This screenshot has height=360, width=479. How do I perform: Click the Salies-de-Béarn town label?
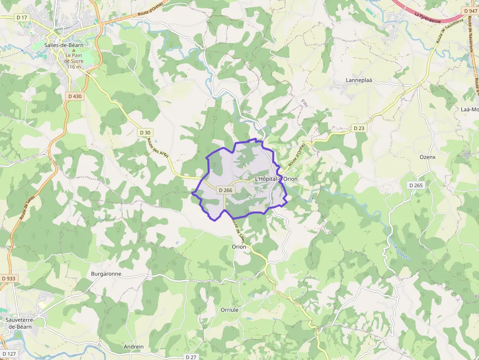(x=64, y=45)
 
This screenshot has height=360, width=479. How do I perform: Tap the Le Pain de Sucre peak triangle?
(x=74, y=50)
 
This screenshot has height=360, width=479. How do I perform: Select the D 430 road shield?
(x=75, y=96)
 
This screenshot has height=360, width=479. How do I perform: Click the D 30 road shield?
(x=145, y=132)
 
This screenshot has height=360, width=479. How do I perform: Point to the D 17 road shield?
(x=22, y=17)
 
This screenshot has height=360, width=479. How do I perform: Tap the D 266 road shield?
(x=225, y=190)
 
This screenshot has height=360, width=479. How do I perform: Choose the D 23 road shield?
(x=358, y=128)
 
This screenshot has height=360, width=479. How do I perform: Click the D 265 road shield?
(x=415, y=185)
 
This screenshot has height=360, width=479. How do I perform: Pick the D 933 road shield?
(x=8, y=278)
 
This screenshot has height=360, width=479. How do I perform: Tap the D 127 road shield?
(x=9, y=354)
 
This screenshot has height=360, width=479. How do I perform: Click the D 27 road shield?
(x=191, y=357)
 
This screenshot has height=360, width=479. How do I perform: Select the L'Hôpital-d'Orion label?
(x=276, y=179)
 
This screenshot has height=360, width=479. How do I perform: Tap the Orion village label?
(x=239, y=247)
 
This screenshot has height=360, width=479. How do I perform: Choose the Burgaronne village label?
(x=106, y=274)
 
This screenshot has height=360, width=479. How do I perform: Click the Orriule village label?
(x=229, y=310)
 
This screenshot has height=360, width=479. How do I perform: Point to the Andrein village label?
(x=134, y=347)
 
